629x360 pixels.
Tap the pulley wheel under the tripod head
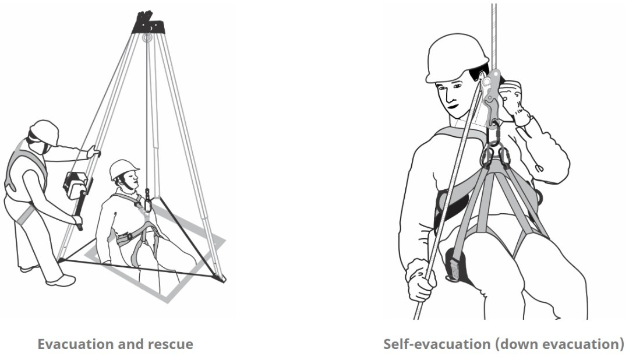[x=147, y=38]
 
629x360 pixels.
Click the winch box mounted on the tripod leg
[x=75, y=185]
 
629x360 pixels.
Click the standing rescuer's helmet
[x=44, y=132]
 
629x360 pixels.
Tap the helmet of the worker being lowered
[x=123, y=169]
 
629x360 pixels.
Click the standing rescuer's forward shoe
[x=61, y=280]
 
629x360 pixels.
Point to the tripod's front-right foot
[x=222, y=278]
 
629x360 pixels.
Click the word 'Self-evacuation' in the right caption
[x=437, y=344]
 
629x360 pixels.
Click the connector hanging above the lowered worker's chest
[x=147, y=200]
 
